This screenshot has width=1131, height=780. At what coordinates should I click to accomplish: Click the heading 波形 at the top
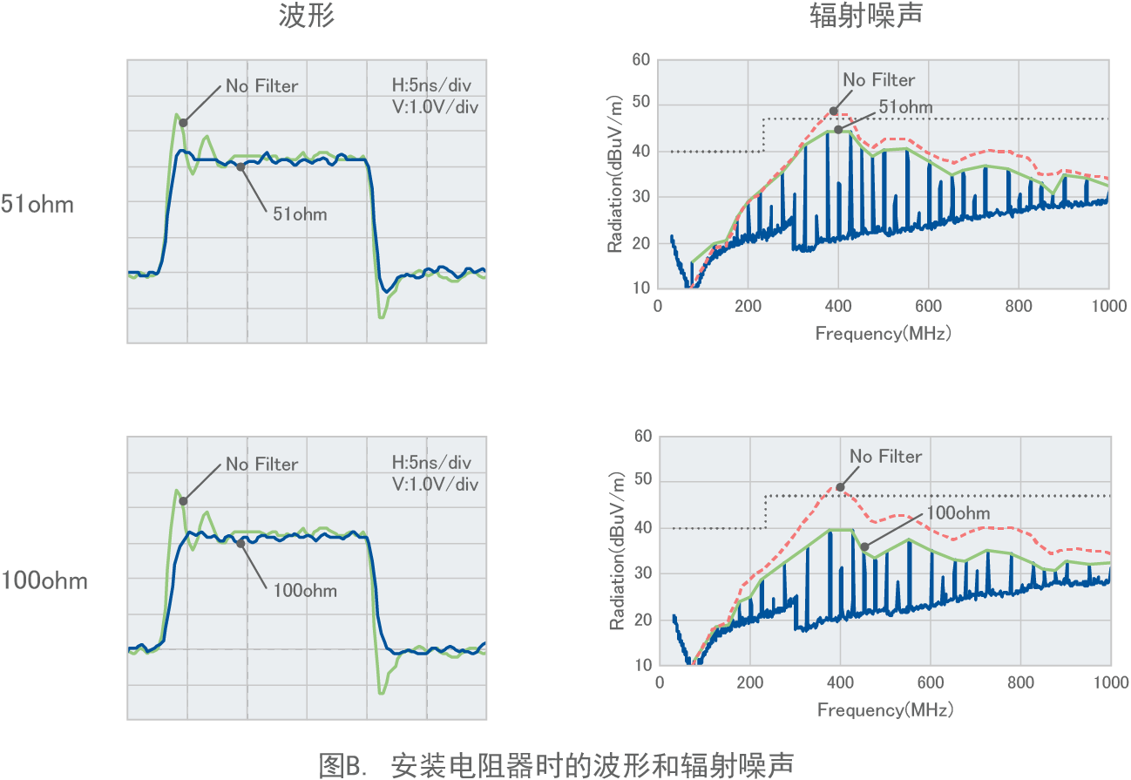[x=306, y=17]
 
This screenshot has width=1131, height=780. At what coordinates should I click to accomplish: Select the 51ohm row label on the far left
[x=37, y=205]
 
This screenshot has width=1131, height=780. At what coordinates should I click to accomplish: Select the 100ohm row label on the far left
[x=44, y=581]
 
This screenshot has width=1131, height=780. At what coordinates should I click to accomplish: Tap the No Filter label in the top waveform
[x=261, y=85]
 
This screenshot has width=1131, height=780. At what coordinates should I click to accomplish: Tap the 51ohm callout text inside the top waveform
[x=300, y=213]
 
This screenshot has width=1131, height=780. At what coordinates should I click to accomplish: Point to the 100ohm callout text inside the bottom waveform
[x=305, y=590]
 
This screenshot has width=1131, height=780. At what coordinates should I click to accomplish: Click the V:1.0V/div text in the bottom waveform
[x=436, y=484]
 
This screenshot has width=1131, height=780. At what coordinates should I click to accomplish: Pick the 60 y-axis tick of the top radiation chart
[x=640, y=60]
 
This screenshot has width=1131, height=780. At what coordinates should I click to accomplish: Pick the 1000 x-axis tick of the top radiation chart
[x=1108, y=306]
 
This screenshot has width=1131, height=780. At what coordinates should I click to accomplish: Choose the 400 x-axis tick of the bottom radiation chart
[x=839, y=682]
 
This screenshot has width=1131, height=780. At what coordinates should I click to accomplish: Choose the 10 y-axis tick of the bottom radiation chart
[x=642, y=665]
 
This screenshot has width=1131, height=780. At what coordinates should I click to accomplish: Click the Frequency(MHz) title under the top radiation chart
[x=884, y=333]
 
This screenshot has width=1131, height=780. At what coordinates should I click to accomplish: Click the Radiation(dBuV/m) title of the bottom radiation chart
[x=617, y=551]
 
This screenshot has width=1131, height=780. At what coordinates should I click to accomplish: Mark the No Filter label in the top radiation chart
[x=879, y=80]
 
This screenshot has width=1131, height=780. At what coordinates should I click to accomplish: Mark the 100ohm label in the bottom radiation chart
[x=958, y=512]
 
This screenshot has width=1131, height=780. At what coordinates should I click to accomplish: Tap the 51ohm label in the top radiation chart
[x=905, y=107]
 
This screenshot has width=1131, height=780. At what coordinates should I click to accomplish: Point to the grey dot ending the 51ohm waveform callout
[x=240, y=166]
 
